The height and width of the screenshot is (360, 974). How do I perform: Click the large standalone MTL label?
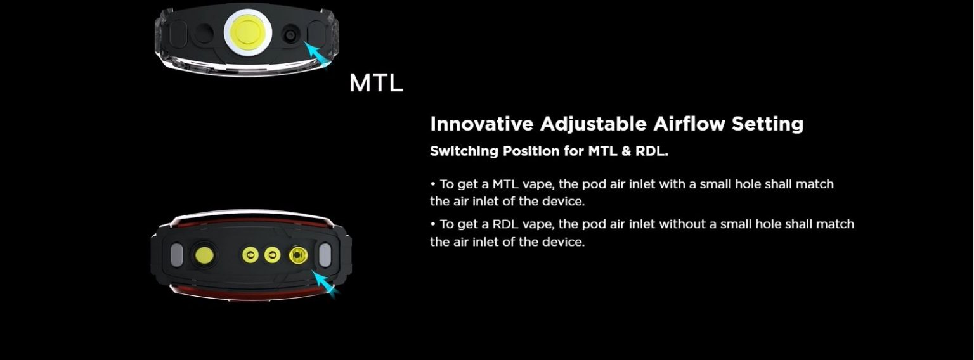(x=376, y=82)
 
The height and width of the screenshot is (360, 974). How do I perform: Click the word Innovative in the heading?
(x=482, y=124)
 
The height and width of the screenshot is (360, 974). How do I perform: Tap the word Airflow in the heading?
(x=689, y=124)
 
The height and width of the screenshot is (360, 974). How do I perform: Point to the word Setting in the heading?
(x=767, y=125)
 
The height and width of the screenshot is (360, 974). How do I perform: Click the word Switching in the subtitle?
(x=464, y=151)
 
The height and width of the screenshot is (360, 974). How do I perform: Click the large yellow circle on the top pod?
(x=247, y=32)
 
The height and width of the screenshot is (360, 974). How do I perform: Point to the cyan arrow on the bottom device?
(x=325, y=285)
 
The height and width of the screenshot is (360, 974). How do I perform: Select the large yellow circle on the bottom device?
(x=204, y=255)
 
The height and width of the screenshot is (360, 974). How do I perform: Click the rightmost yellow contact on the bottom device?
(x=298, y=255)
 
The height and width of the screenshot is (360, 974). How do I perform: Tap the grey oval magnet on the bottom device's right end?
(x=325, y=255)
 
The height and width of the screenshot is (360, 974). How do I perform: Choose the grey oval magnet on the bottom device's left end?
(x=176, y=255)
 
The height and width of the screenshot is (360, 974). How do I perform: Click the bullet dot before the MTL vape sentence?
(x=432, y=184)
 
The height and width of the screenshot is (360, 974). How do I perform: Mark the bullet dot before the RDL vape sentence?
(x=432, y=224)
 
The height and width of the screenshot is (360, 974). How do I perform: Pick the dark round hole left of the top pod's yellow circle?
(x=203, y=34)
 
